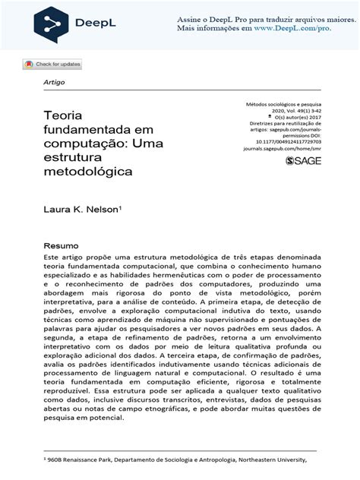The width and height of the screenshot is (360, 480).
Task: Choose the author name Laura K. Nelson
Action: [81, 207]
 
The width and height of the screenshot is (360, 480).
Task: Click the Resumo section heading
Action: [61, 246]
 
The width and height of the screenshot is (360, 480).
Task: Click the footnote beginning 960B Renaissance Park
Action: [178, 459]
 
